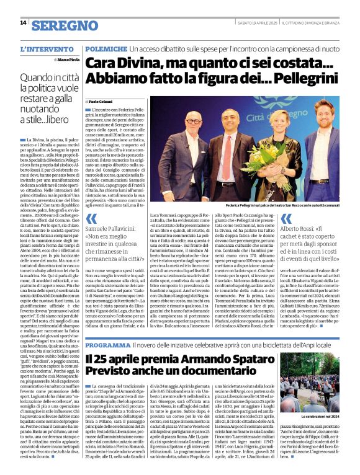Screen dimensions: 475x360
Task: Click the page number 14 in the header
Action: [x=23, y=23]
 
